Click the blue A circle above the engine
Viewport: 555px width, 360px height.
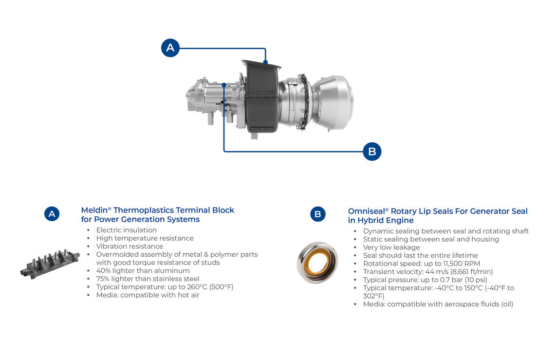click(170, 48)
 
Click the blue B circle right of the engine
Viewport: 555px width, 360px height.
click(372, 152)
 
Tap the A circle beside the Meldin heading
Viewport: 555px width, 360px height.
click(52, 214)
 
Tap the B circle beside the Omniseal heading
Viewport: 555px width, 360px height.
click(317, 214)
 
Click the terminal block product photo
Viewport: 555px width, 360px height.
click(50, 264)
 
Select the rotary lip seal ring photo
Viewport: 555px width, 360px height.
click(317, 263)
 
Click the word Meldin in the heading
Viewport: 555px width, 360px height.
click(94, 210)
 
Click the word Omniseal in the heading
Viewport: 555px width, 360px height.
click(366, 211)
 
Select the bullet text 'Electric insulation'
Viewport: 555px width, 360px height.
click(127, 230)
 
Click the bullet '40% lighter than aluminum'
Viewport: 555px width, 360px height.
click(143, 271)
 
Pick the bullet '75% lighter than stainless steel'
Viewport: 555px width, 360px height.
click(148, 279)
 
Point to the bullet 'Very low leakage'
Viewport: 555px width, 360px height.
click(391, 247)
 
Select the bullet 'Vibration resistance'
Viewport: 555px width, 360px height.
click(129, 246)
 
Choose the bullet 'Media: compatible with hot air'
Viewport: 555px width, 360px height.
click(148, 295)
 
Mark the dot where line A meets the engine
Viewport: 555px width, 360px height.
click(265, 62)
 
